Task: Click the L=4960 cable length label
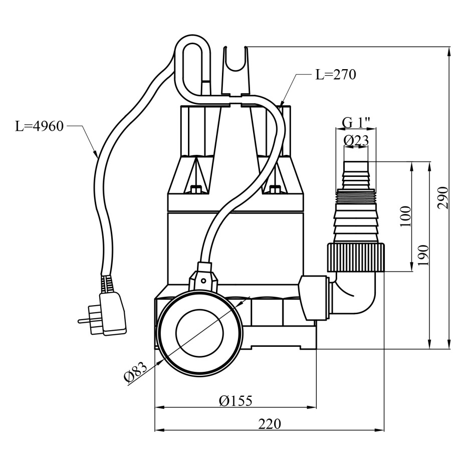click(x=40, y=126)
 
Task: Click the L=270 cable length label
click(x=335, y=75)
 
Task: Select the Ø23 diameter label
click(x=356, y=141)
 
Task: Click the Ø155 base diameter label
click(x=236, y=400)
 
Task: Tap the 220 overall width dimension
click(x=270, y=423)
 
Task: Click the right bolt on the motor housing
click(x=274, y=189)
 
